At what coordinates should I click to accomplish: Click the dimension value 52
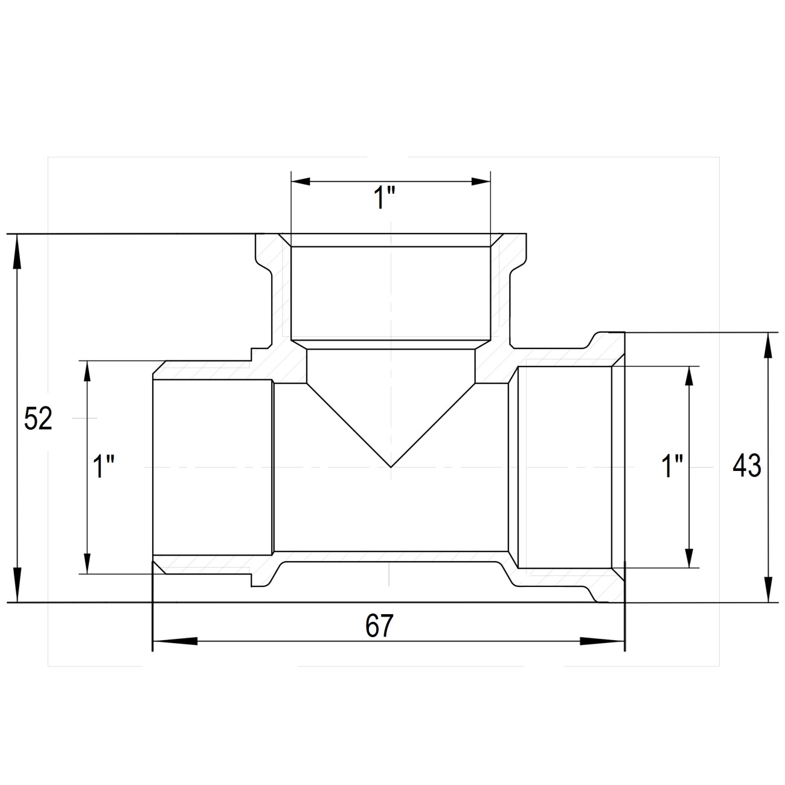click(x=38, y=418)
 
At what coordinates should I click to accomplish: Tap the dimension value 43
click(x=747, y=465)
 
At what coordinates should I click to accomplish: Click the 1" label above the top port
click(x=385, y=197)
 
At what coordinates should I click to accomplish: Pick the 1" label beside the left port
click(x=103, y=466)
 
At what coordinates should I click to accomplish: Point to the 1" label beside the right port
click(x=672, y=466)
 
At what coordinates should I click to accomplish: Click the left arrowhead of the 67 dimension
click(x=175, y=641)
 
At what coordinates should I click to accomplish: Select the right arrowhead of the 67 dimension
click(x=602, y=641)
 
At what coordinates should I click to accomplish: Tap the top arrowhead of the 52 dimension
click(x=17, y=252)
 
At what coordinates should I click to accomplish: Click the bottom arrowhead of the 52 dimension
click(x=17, y=584)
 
